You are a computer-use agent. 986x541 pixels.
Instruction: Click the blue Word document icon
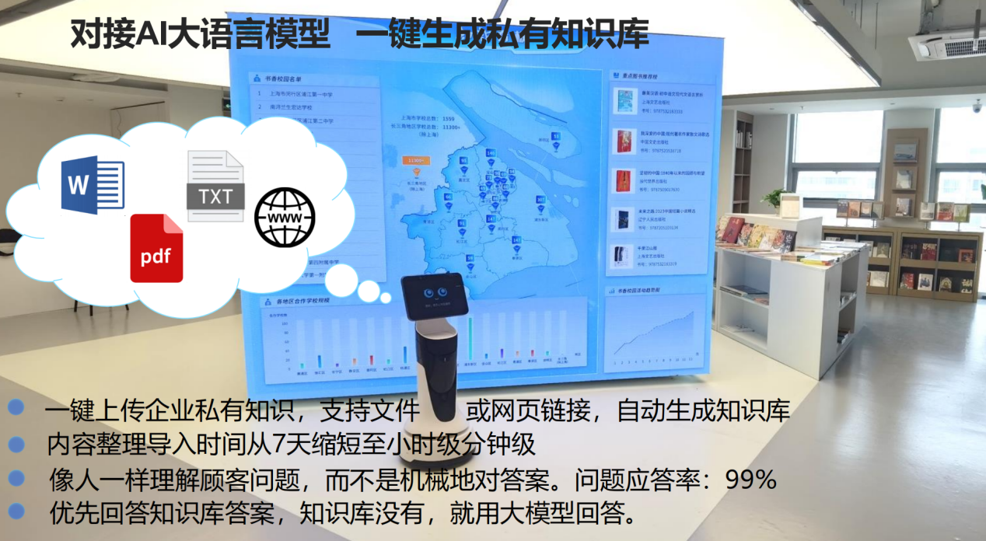point(93,185)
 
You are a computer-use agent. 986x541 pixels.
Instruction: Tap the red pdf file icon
point(156,248)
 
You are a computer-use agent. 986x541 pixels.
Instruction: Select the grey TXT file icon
point(215,187)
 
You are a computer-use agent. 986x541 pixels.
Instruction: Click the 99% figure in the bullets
point(750,480)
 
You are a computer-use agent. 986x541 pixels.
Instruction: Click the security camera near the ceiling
point(977,106)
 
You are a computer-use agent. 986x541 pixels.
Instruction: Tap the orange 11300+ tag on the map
point(415,160)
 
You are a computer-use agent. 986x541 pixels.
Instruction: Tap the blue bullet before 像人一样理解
point(16,477)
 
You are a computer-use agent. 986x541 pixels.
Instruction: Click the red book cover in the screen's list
point(624,141)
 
